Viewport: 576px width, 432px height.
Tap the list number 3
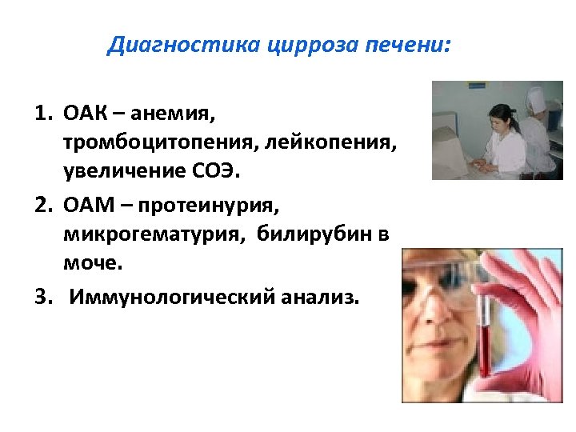40,297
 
